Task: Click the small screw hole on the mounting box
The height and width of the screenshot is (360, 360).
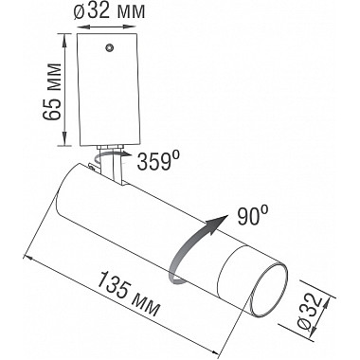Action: [x=112, y=47]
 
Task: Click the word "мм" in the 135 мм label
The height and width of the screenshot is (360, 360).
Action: [x=146, y=307]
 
